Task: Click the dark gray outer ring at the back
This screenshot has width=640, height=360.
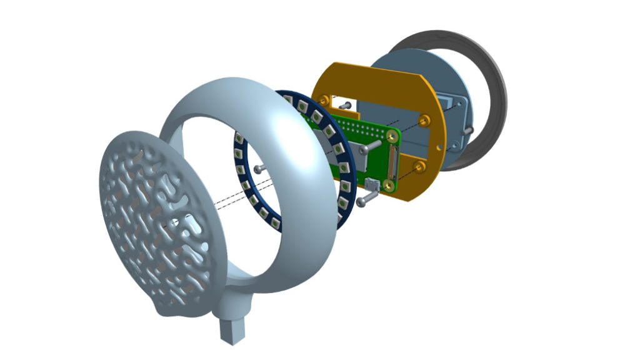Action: pos(494,81)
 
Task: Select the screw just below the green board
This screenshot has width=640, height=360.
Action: pos(366,199)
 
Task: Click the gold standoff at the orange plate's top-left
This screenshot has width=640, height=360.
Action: pos(324,99)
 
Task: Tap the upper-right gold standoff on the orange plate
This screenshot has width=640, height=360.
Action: pos(425,119)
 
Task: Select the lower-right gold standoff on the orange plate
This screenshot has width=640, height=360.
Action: pos(419,167)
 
